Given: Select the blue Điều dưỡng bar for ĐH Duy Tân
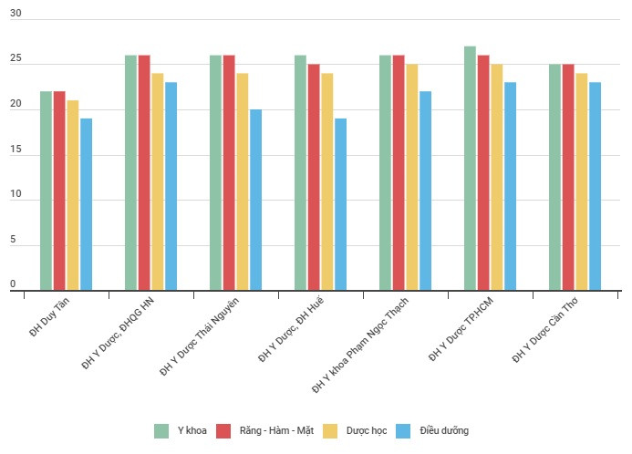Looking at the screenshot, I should click(86, 204).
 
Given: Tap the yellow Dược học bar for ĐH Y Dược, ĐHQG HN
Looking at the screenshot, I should click(158, 181).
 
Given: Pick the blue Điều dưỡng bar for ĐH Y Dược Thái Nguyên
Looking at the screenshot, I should click(256, 200).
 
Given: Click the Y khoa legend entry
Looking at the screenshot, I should click(182, 430).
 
